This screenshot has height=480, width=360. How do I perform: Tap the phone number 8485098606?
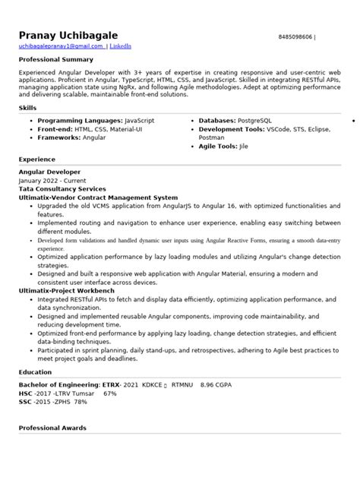point(295,36)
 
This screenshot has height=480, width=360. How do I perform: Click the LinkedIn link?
point(120,46)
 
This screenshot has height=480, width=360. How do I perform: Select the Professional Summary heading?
point(56,58)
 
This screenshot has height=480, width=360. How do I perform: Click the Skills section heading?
point(27,108)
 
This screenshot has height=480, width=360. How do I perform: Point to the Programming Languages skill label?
point(80,121)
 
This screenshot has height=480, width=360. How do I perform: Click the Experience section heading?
point(36,159)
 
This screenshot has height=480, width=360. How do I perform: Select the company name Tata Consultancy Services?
point(62,188)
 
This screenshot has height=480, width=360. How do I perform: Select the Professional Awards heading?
point(52,429)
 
